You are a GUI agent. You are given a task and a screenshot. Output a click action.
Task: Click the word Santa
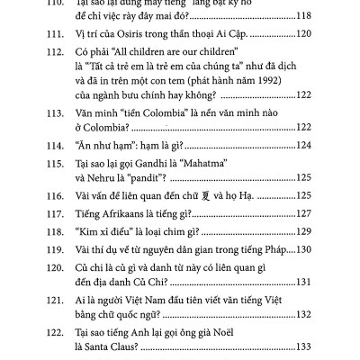96,348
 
